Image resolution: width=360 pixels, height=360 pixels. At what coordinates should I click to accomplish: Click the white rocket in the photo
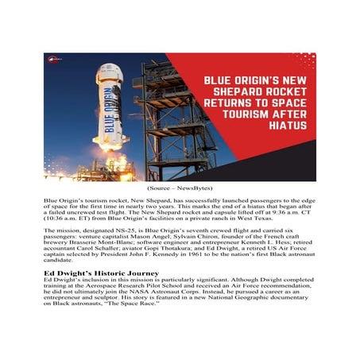[111, 103]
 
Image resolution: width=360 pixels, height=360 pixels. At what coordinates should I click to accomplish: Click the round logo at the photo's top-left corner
[54, 59]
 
